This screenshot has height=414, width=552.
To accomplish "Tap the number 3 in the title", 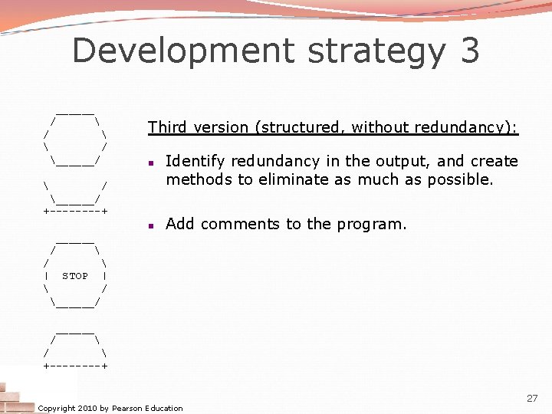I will pyautogui.click(x=470, y=51).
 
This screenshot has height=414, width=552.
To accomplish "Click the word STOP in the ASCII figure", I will pyautogui.click(x=75, y=276).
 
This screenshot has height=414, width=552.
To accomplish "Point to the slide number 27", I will pyautogui.click(x=532, y=399).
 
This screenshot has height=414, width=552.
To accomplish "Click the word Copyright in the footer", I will pyautogui.click(x=57, y=409).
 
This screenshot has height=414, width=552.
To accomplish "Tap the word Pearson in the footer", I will pyautogui.click(x=127, y=409).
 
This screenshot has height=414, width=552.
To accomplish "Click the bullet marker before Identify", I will pyautogui.click(x=153, y=163).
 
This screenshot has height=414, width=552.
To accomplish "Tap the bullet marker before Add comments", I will pyautogui.click(x=153, y=225).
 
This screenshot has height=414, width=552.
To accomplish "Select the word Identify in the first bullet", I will pyautogui.click(x=193, y=161).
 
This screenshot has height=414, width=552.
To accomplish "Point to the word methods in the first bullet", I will pyautogui.click(x=195, y=180).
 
